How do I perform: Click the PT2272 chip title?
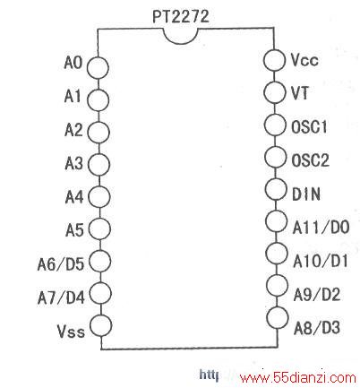pos(181,16)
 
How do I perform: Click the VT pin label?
pos(299,93)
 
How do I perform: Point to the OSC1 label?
pos(309,126)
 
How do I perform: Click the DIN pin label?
pos(306,194)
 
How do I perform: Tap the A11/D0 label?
pos(321,228)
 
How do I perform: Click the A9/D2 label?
pos(317,295)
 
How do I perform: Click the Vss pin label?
pos(71,331)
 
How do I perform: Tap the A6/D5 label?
pos(61,264)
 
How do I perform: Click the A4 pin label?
pos(74,197)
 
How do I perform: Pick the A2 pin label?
pos(73,130)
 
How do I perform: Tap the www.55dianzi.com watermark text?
pos(298,378)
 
